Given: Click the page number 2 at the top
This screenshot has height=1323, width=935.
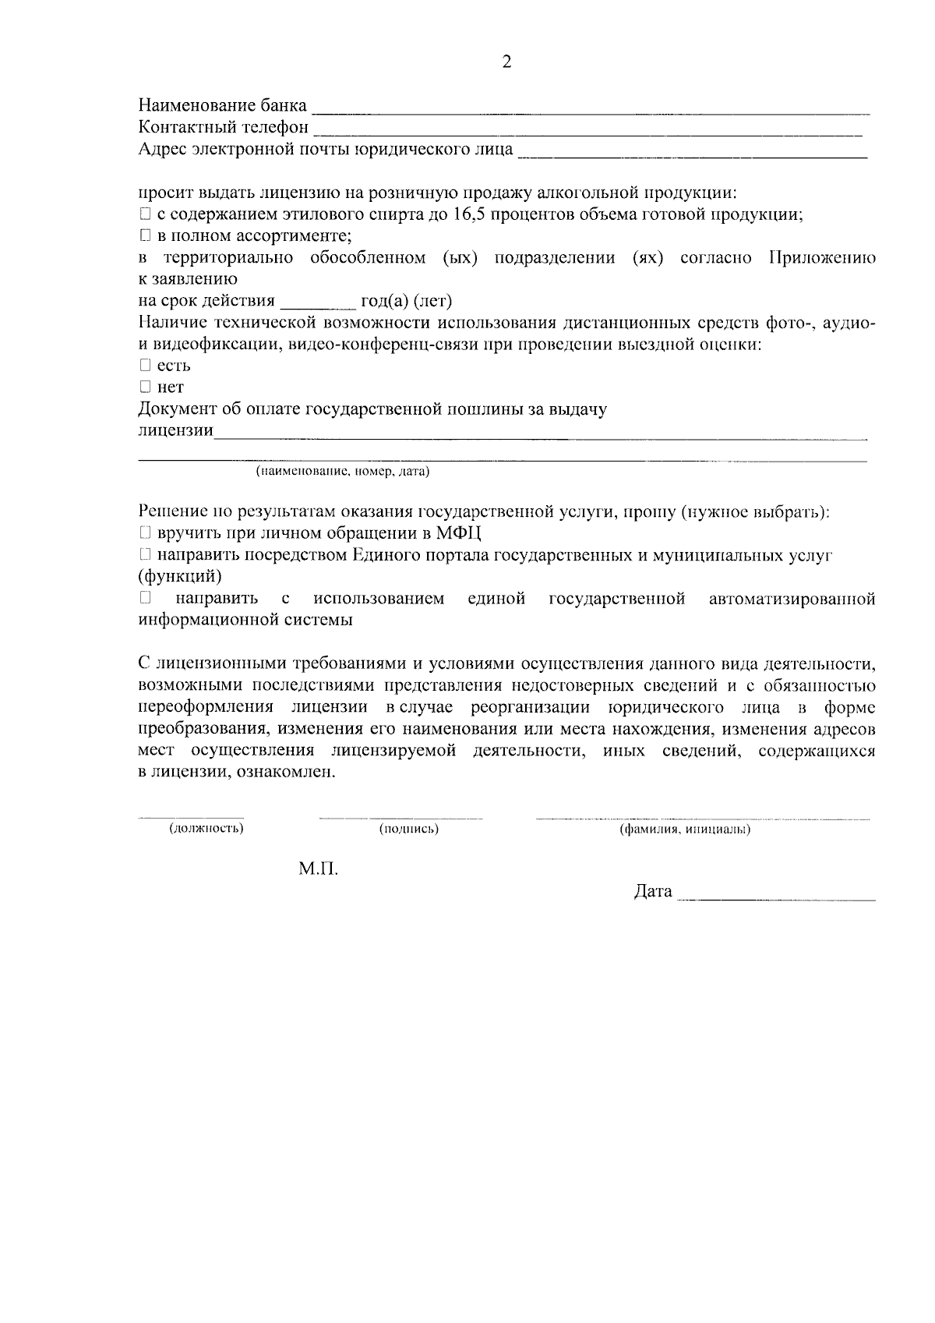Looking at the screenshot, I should click(506, 63).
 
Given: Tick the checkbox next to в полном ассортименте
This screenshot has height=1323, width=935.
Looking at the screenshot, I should click(144, 235).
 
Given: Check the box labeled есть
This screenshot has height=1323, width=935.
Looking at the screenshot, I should click(144, 365).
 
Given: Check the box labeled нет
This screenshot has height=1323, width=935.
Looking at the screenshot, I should click(144, 387).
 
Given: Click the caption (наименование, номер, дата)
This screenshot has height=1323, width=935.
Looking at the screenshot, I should click(343, 472).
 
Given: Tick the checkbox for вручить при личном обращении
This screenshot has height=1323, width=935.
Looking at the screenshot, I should click(144, 533).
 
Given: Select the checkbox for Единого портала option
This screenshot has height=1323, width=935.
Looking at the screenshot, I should click(144, 555).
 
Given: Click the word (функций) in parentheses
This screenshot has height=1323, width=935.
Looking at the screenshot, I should click(180, 577).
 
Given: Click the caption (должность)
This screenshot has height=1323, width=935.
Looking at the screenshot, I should click(206, 828).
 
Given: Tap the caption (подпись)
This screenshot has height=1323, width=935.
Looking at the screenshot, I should click(408, 829).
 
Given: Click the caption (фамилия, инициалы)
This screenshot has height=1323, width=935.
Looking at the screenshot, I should click(685, 830).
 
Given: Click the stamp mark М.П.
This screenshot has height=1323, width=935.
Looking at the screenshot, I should click(318, 868).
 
